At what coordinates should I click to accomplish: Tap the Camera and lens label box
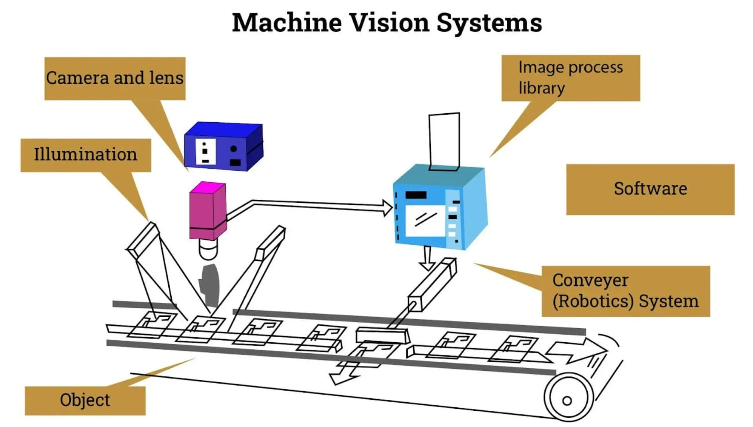pos(115,78)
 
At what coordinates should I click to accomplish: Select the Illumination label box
pos(85,155)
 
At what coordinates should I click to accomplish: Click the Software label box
pos(650,189)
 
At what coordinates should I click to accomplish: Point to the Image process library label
pos(570,78)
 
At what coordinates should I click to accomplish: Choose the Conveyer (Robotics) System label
pos(625,291)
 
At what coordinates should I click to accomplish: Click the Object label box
pos(85,400)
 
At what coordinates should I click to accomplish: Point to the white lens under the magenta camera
pos(208,249)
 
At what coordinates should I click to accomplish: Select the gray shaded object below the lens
pos(210,285)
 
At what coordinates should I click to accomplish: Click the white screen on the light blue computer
pos(425,220)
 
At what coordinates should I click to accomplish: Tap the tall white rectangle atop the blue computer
pos(444,141)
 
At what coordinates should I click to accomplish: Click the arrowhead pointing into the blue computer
pos(388,208)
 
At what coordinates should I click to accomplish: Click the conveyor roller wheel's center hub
pos(567,400)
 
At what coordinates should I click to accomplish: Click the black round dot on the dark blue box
pos(234,149)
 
